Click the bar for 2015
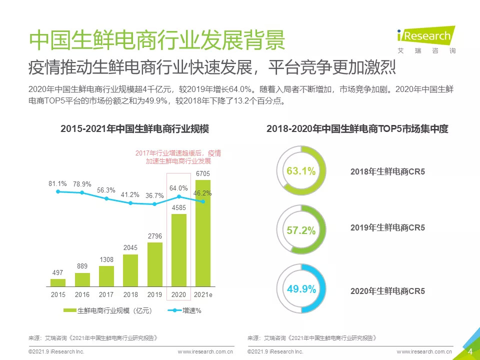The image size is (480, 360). click(x=58, y=282)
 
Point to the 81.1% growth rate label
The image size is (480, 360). click(x=58, y=183)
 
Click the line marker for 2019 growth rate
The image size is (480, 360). click(x=154, y=204)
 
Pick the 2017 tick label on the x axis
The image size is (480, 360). click(x=106, y=295)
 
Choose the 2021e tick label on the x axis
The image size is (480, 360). click(x=203, y=295)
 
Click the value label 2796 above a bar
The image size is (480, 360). click(x=154, y=235)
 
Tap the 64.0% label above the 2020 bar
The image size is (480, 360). click(x=178, y=188)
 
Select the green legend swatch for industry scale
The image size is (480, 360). click(x=70, y=310)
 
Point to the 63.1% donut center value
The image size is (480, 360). click(x=301, y=171)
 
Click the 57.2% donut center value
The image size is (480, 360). click(x=301, y=230)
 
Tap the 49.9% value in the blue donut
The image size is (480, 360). click(x=301, y=289)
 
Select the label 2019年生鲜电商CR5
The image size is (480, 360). click(x=387, y=227)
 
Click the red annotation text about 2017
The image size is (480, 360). click(x=178, y=157)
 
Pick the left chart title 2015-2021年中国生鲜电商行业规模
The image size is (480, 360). click(x=134, y=128)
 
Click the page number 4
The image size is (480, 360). click(x=470, y=351)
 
